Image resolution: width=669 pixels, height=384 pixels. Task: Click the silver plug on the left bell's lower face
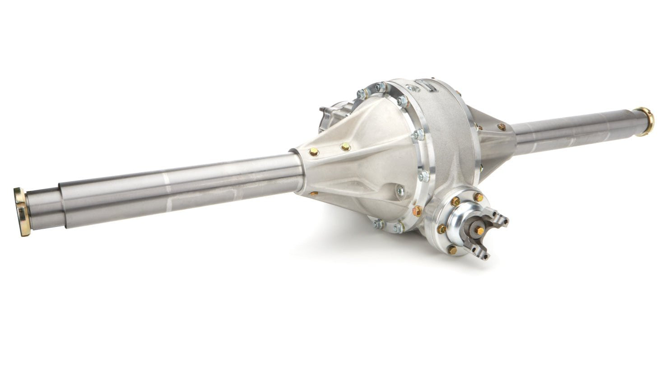coord(399,191)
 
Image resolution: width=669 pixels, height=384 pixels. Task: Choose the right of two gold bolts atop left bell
coord(345,146)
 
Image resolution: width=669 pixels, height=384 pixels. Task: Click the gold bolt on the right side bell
coord(502,127)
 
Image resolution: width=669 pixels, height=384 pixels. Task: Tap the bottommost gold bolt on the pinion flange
coord(453,249)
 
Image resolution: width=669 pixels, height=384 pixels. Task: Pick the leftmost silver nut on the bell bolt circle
coord(362,94)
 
